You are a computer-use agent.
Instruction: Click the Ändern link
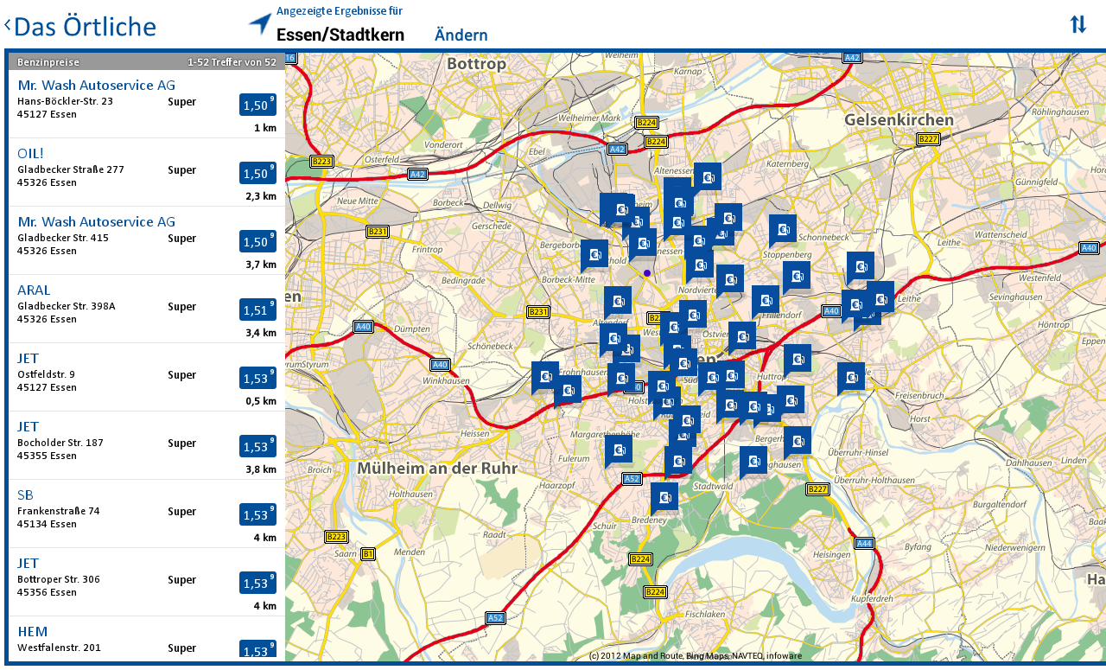(461, 35)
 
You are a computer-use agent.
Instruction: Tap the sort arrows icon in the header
(1077, 24)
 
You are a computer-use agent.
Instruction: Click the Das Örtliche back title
(85, 27)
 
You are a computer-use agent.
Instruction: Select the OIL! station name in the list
(30, 153)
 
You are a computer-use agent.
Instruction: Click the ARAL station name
(34, 290)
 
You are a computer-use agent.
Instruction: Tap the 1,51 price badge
(257, 310)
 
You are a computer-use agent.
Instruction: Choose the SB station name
(25, 495)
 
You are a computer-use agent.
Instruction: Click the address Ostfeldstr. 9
(46, 374)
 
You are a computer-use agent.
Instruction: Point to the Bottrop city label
(476, 64)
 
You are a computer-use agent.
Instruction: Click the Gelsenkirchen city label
(899, 119)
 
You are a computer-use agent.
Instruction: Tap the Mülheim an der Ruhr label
(436, 469)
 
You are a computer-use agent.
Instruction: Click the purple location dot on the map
(646, 273)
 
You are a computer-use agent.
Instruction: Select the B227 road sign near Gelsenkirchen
(927, 139)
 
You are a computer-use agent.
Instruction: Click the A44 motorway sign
(863, 543)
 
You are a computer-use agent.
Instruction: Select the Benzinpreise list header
(48, 61)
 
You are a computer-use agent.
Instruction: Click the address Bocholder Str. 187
(60, 443)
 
